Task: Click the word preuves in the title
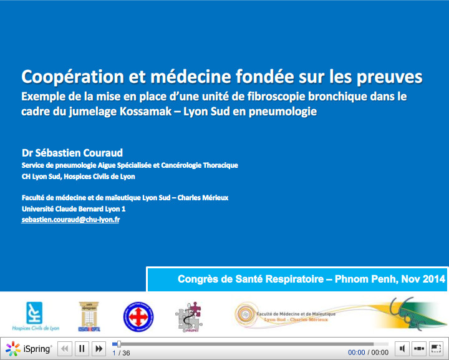(x=389, y=77)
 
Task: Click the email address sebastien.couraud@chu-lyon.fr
(x=71, y=220)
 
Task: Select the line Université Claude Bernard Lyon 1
(x=74, y=209)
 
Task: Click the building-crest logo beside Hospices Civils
(x=87, y=316)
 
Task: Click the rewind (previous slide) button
(x=64, y=349)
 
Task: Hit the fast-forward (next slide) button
(x=98, y=349)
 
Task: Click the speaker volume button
(x=402, y=349)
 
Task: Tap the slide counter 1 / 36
(x=121, y=353)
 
